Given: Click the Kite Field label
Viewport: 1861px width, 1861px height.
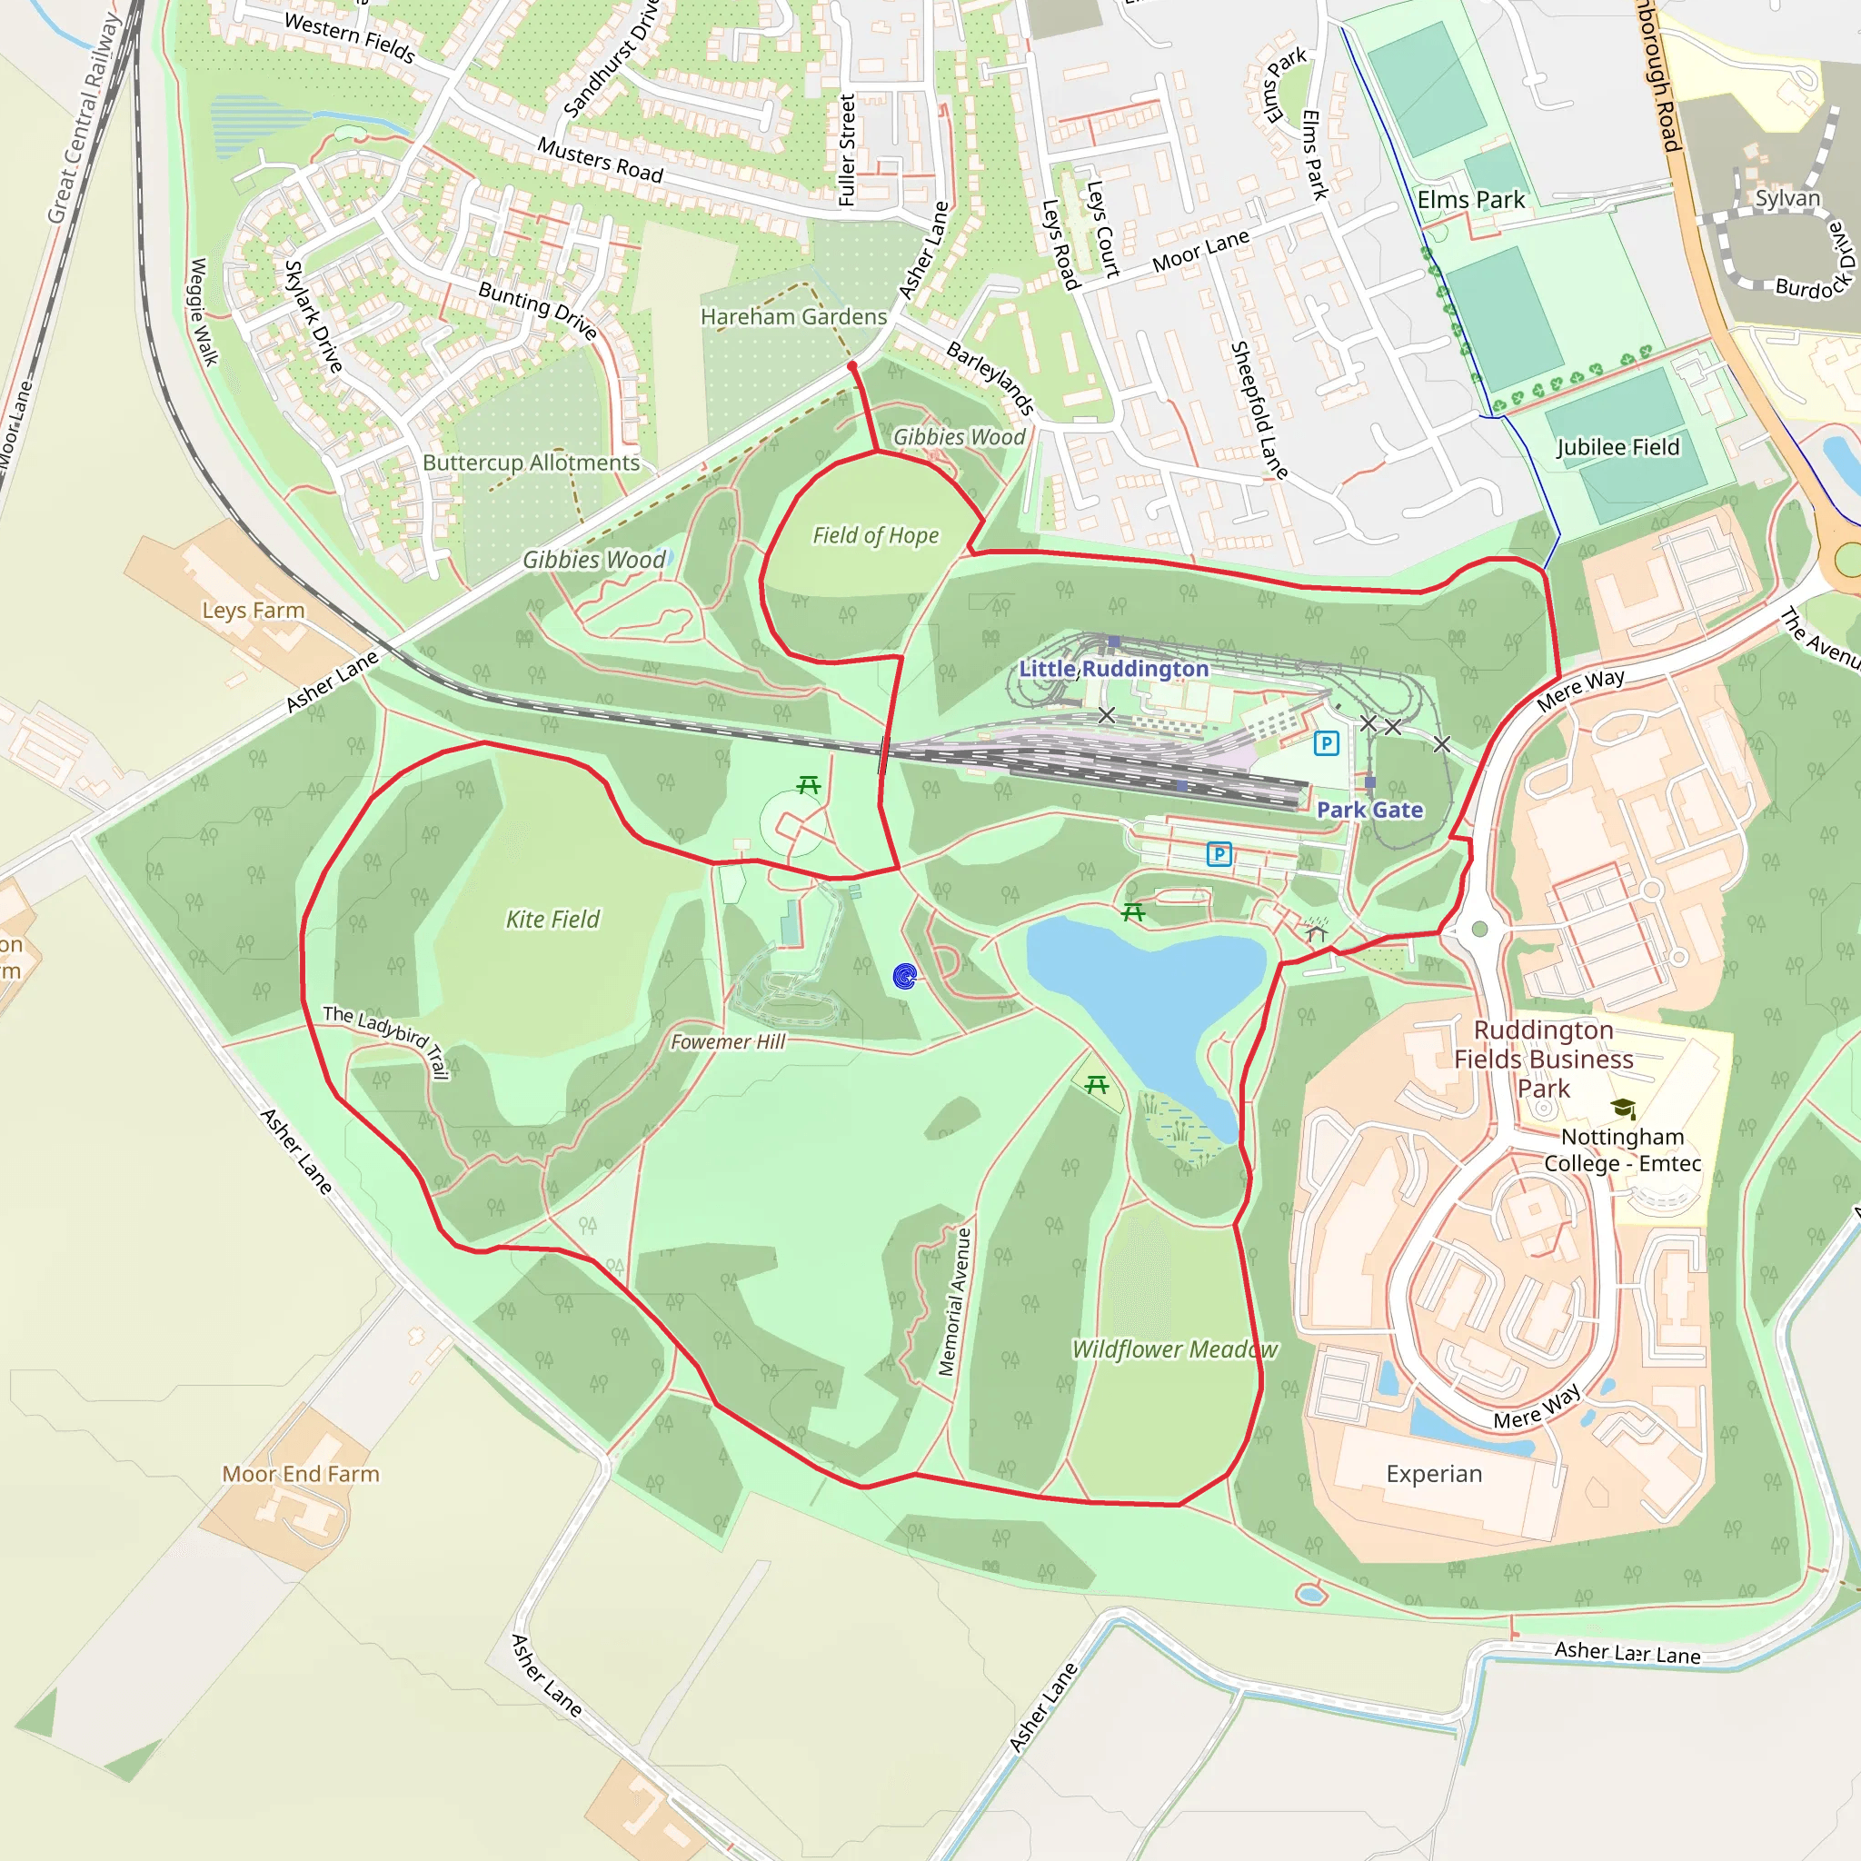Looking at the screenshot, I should (552, 919).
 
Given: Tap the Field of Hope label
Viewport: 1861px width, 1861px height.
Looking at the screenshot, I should (875, 535).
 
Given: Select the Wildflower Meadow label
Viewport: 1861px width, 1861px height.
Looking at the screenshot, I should (1175, 1349).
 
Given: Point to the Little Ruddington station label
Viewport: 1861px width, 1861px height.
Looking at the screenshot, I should (1113, 669).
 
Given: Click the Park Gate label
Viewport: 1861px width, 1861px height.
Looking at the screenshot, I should (1369, 810).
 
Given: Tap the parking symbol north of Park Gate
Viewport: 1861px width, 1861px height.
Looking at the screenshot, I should (1327, 742).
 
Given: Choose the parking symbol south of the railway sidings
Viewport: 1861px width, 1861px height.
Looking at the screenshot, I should (1219, 853).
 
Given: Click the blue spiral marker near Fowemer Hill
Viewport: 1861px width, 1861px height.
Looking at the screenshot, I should (904, 977).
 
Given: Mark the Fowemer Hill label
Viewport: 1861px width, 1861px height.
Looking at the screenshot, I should (728, 1041).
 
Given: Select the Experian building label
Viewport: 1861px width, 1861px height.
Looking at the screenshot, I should (1433, 1474).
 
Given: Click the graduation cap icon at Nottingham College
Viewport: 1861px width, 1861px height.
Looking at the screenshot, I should (1623, 1109).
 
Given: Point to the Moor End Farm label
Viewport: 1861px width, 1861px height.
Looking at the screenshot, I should (301, 1474).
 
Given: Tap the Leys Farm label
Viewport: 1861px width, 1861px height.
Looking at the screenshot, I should (254, 610).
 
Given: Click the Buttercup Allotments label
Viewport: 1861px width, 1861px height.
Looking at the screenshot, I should (531, 463).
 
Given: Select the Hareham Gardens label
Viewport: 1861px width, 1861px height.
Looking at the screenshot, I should (793, 317).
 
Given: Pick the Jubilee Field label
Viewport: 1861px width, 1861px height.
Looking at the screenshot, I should (1617, 447).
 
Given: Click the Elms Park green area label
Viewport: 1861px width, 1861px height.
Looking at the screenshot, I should (1471, 200).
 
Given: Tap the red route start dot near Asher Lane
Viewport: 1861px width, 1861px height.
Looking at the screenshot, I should (851, 366).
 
